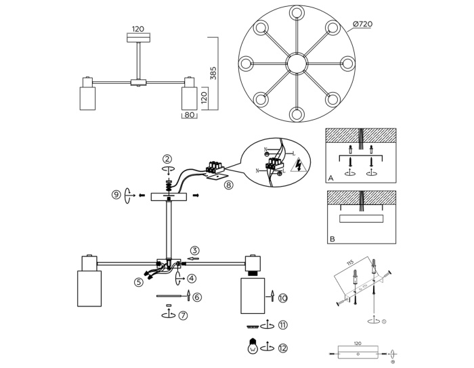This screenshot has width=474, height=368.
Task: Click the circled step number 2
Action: (168, 160)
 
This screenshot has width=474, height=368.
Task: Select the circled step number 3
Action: (194, 250)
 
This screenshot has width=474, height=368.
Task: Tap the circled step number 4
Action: (192, 278)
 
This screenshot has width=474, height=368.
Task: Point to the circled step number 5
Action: (139, 282)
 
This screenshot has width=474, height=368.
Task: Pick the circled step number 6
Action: (197, 297)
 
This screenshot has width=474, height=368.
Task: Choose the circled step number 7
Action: (184, 316)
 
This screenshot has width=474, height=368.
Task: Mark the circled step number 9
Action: (116, 195)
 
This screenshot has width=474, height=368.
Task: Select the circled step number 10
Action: (282, 297)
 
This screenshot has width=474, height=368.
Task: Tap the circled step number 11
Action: (282, 325)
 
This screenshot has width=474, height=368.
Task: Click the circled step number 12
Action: (282, 348)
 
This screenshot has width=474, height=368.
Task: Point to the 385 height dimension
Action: (214, 74)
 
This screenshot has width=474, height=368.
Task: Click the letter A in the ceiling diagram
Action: (331, 179)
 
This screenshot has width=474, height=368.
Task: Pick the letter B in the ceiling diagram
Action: (331, 239)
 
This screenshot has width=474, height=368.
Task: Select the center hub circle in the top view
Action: (296, 64)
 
